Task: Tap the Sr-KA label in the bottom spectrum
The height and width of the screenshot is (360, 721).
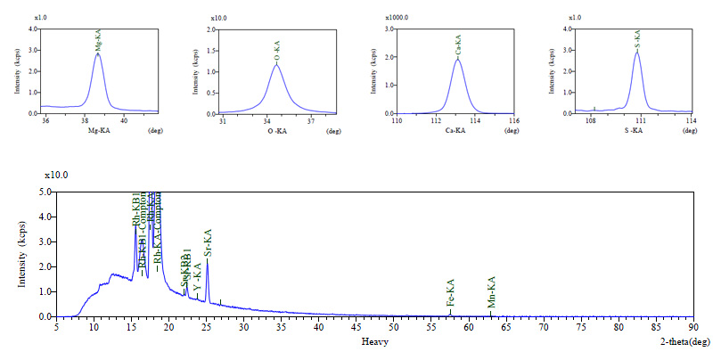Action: (x=208, y=244)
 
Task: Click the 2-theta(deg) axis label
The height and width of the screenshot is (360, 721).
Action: (x=692, y=341)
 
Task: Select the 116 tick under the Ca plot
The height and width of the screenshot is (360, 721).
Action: (x=514, y=120)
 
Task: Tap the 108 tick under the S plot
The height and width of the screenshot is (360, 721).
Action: (x=590, y=120)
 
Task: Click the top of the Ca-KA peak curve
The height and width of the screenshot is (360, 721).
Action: (x=457, y=60)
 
